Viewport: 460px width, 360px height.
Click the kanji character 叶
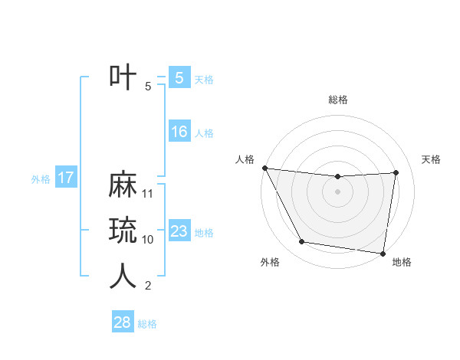click(123, 77)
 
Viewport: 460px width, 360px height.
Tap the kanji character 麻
click(123, 185)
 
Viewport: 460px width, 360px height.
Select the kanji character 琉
click(123, 231)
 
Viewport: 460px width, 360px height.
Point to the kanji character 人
click(123, 277)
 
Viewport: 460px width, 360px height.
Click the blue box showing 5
click(179, 77)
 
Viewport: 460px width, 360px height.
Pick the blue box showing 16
click(179, 132)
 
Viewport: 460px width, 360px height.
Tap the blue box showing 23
click(179, 231)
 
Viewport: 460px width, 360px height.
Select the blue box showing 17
click(65, 178)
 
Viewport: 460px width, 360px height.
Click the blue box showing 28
click(122, 322)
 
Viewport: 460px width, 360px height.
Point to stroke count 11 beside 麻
click(149, 194)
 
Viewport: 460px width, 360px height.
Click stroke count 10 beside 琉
click(148, 240)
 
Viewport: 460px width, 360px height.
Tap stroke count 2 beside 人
click(148, 286)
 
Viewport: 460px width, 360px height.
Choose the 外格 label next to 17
click(41, 179)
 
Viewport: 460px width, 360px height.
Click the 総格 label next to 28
click(147, 323)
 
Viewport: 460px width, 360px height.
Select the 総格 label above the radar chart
click(338, 100)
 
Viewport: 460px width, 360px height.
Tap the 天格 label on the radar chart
click(431, 159)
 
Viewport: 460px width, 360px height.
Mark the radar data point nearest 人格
click(264, 168)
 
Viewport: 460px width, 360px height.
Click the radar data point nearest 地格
click(383, 253)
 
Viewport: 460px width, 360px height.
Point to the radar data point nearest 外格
click(302, 242)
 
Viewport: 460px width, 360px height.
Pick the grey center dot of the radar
click(337, 191)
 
